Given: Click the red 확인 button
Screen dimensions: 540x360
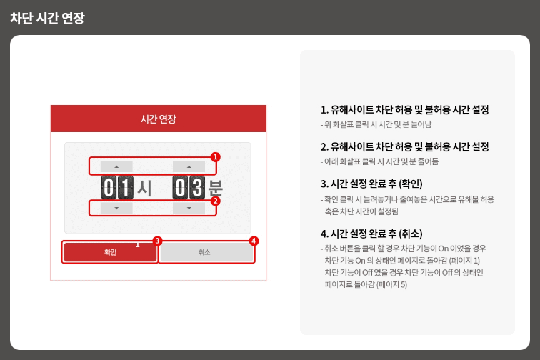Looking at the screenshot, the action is click(110, 252).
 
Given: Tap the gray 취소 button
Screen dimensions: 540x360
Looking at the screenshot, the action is click(206, 252).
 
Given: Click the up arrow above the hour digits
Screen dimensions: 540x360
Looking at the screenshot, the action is click(116, 166).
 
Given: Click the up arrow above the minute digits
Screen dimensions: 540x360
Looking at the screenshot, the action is click(189, 166).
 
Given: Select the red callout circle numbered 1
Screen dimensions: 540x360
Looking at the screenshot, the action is click(215, 157).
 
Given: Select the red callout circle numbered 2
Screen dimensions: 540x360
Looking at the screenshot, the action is click(215, 201).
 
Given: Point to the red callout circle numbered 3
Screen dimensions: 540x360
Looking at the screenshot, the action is click(157, 241).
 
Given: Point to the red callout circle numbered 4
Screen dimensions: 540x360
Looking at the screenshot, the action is click(254, 241).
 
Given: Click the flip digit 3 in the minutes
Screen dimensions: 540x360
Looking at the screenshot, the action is click(197, 187).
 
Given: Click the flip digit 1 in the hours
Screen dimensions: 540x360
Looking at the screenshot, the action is click(125, 187).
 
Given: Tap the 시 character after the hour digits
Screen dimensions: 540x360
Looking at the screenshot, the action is click(144, 188).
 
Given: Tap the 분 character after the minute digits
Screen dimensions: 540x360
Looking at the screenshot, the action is click(215, 188).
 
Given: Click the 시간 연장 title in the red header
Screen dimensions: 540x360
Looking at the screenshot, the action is click(158, 119).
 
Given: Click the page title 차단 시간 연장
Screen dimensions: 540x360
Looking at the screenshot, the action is click(47, 18).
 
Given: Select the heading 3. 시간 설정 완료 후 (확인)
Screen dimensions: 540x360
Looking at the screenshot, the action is click(371, 184).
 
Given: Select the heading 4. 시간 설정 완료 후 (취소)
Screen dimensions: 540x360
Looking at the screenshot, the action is click(371, 234).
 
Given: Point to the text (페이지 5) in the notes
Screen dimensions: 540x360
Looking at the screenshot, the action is click(392, 284).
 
